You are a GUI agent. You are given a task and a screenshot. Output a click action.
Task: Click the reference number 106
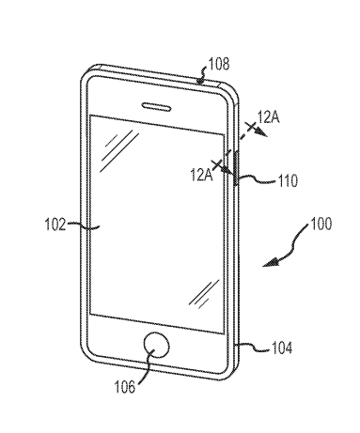[x=125, y=384]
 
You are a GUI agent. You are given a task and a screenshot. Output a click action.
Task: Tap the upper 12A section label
[x=269, y=117]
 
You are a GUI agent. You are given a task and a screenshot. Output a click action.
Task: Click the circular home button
[x=155, y=345]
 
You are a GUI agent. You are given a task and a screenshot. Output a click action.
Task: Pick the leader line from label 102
[x=83, y=225]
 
